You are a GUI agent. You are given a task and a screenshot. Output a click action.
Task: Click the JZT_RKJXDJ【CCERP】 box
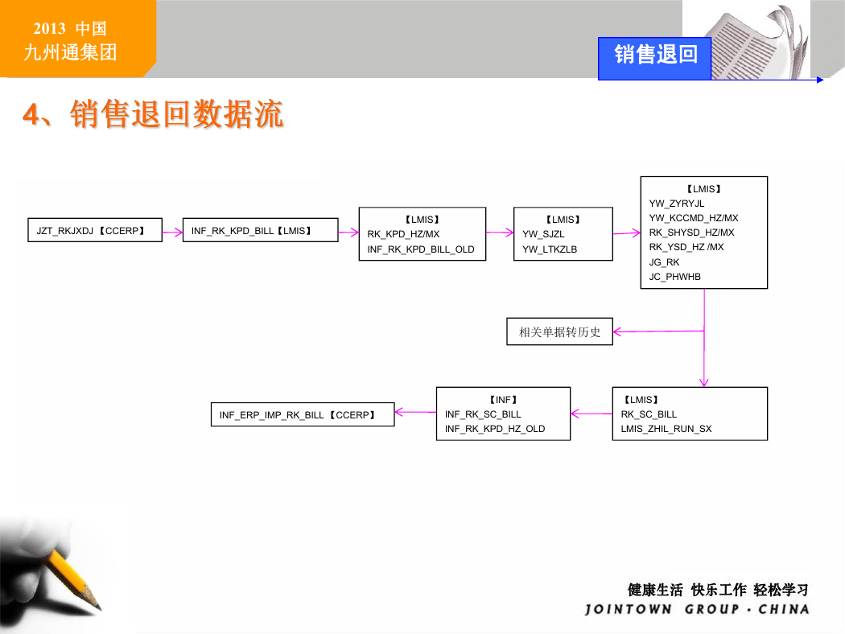(x=95, y=230)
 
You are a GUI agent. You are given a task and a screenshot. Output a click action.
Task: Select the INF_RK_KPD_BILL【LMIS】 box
(x=260, y=230)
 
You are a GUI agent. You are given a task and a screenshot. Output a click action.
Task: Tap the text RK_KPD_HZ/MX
(x=403, y=234)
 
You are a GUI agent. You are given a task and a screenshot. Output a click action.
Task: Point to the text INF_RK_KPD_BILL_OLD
(x=420, y=249)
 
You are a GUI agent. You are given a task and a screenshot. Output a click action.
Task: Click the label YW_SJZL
(x=543, y=234)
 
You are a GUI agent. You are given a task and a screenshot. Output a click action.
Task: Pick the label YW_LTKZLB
(x=549, y=249)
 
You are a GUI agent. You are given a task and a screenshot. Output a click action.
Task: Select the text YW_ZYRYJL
(x=676, y=204)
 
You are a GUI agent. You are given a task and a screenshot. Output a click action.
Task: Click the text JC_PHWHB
(x=674, y=277)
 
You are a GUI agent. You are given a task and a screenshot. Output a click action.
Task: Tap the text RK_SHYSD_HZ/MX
(x=691, y=233)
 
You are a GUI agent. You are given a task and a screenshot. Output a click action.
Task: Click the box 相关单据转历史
(x=559, y=331)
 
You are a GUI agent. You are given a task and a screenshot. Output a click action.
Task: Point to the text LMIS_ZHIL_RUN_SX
(x=666, y=429)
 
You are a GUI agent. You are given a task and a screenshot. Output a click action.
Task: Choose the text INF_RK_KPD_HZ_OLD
(x=495, y=429)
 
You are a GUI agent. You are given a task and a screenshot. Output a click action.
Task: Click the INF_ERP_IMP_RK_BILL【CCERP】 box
(x=303, y=414)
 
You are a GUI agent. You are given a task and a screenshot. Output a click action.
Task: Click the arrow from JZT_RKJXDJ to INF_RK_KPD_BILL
(x=172, y=233)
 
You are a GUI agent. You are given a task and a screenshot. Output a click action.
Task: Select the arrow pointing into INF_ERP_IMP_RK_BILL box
(x=415, y=412)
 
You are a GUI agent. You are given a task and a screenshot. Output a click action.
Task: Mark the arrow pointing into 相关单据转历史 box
(x=658, y=331)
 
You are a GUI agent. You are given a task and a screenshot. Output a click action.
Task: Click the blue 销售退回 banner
(x=655, y=58)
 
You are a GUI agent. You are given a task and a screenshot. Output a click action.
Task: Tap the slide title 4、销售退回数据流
(x=153, y=113)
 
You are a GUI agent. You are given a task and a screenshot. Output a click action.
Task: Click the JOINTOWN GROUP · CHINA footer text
(x=697, y=609)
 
